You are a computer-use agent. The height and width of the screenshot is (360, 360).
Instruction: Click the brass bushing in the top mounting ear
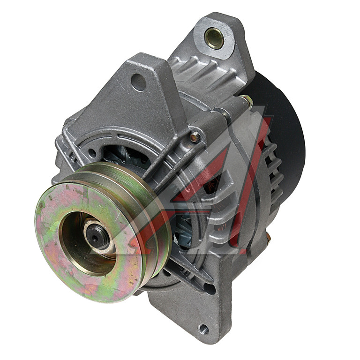[x=214, y=38]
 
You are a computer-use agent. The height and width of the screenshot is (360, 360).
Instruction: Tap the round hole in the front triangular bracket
[x=139, y=82]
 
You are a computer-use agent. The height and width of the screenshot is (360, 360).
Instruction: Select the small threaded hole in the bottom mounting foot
[x=203, y=330]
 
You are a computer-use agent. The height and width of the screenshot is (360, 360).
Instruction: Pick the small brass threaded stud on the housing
[x=195, y=137]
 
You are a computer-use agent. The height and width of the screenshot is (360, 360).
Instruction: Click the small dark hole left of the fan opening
[x=92, y=153]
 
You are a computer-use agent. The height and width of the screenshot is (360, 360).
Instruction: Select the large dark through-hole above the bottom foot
[x=210, y=289]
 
